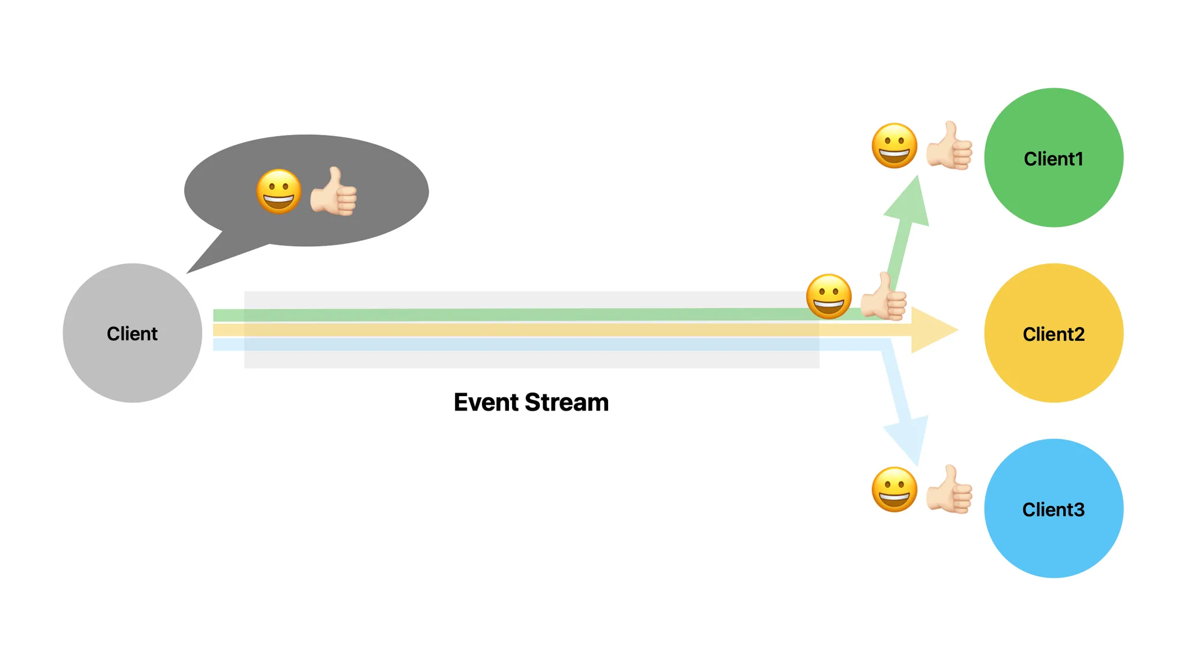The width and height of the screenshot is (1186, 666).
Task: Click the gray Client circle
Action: [132, 333]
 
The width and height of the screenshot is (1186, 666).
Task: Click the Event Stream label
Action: [531, 402]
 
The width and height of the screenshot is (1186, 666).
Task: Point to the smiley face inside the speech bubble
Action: [279, 192]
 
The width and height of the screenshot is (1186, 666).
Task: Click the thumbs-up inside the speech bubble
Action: [334, 192]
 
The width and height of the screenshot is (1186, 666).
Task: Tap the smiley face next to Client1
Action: [894, 145]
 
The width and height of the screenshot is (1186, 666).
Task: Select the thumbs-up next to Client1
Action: [949, 145]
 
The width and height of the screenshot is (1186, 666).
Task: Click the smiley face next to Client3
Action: [894, 489]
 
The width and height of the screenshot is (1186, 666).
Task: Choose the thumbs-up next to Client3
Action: [949, 489]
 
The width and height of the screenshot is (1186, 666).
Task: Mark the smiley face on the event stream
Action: [829, 296]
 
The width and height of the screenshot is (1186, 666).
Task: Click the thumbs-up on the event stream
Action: [884, 297]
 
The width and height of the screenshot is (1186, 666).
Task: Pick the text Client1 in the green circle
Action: [1053, 159]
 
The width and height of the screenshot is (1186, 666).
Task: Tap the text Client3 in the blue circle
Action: [1053, 510]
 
